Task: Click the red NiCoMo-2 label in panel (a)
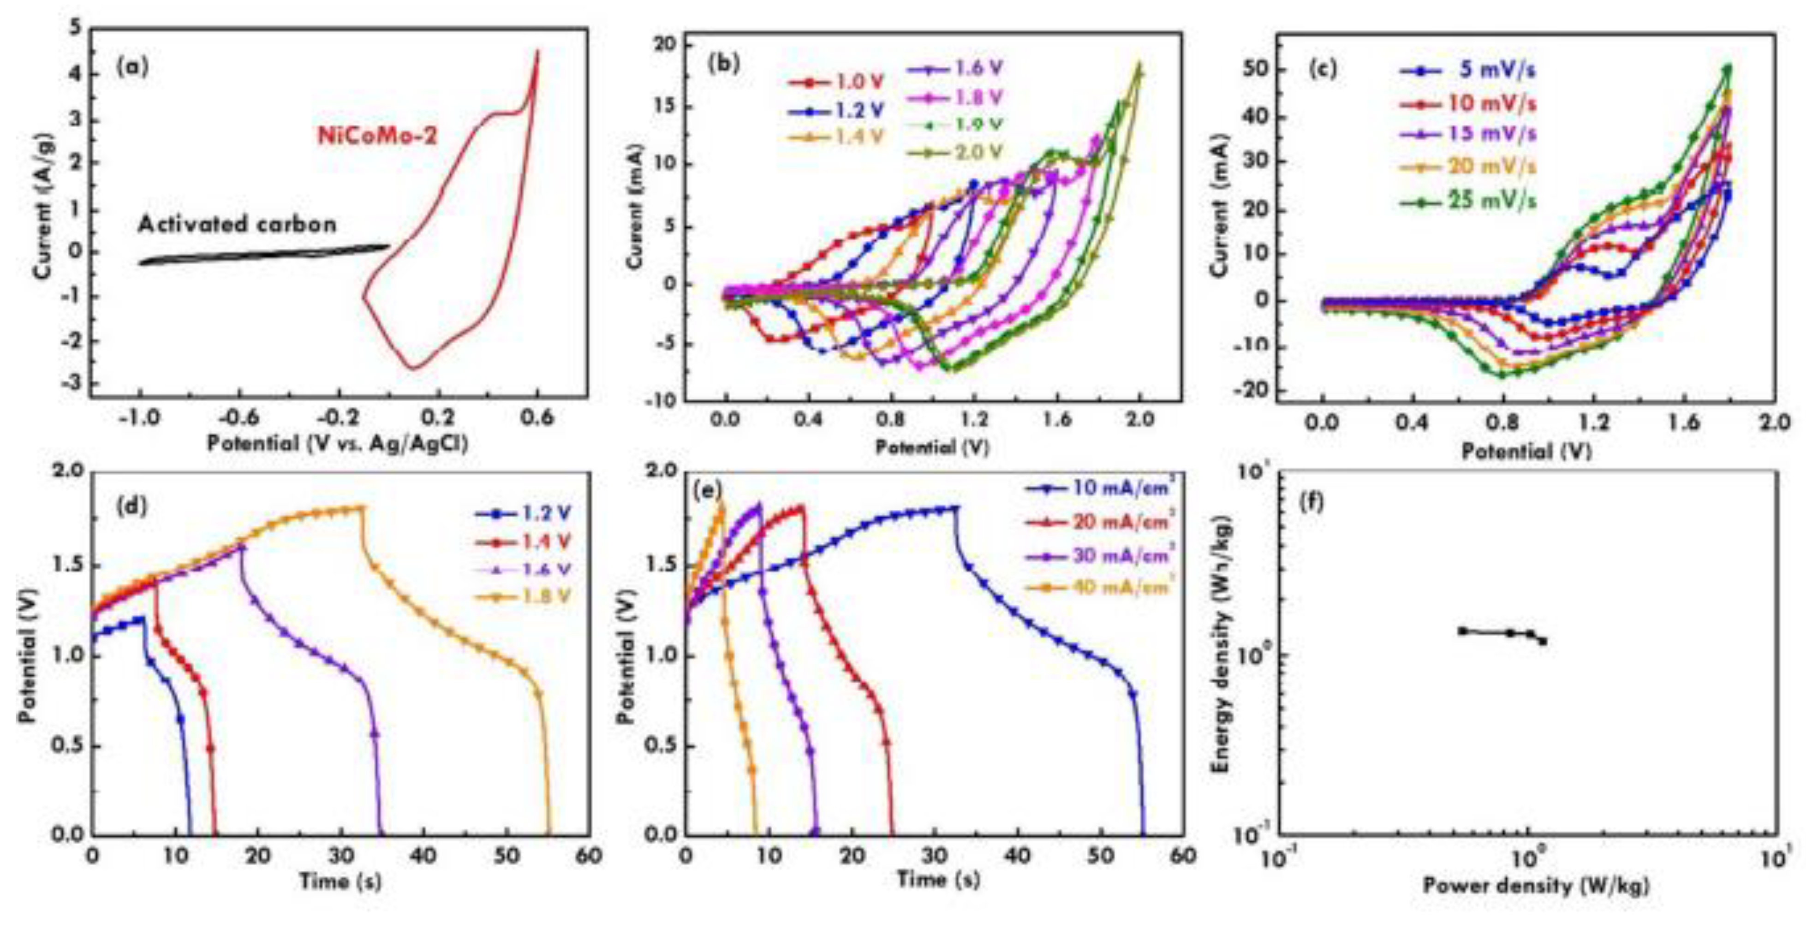point(378,135)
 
